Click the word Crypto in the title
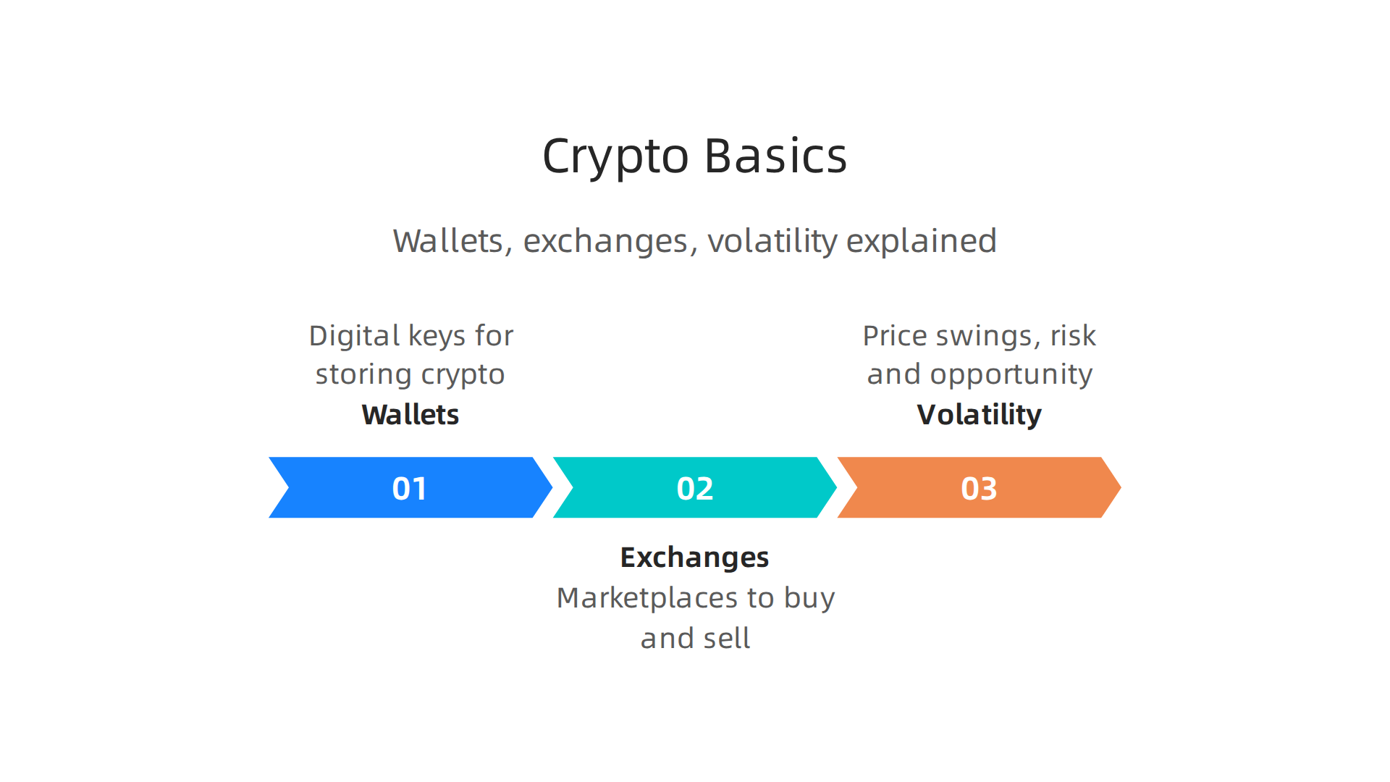615,156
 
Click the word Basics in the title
775,156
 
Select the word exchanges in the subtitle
605,241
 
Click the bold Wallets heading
410,415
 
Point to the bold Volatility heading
979,415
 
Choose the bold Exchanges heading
694,558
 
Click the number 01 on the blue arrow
410,489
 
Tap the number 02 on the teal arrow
694,489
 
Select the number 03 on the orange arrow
979,489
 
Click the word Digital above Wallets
354,336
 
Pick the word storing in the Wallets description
363,374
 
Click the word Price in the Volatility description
895,336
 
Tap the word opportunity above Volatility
1011,375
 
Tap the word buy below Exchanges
809,599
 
